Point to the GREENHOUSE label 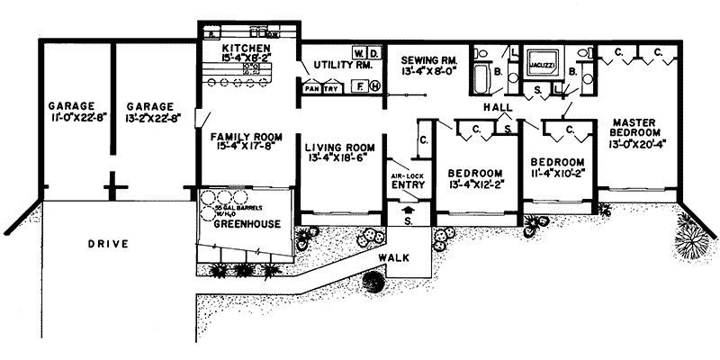click(x=241, y=223)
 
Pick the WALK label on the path click(x=393, y=257)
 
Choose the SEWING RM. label click(x=430, y=54)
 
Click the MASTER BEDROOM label click(x=638, y=127)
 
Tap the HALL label click(x=496, y=107)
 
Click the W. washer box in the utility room click(x=357, y=51)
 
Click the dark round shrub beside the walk click(x=373, y=282)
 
